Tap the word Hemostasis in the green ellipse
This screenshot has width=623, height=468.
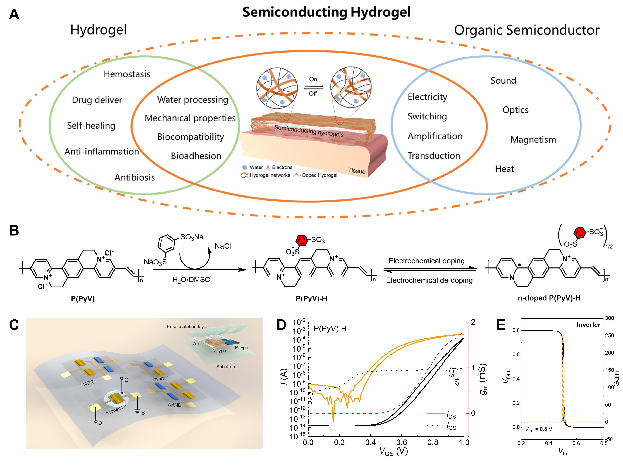(127, 74)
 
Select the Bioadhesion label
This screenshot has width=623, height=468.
(196, 156)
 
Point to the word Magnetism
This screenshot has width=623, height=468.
(533, 140)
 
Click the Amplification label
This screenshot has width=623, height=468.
(435, 136)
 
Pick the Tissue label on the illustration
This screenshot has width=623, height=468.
(357, 171)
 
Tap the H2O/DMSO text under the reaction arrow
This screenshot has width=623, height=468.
(191, 280)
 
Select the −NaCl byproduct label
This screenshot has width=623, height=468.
(221, 246)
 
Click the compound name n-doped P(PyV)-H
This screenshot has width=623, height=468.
(549, 298)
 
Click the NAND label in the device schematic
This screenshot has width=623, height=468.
(175, 405)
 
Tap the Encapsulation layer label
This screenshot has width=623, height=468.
(187, 327)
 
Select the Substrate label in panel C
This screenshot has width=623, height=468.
(226, 367)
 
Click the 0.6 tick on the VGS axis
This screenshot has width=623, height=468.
(402, 443)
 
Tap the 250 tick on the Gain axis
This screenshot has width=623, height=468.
(610, 335)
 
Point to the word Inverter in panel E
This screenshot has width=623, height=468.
(588, 325)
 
